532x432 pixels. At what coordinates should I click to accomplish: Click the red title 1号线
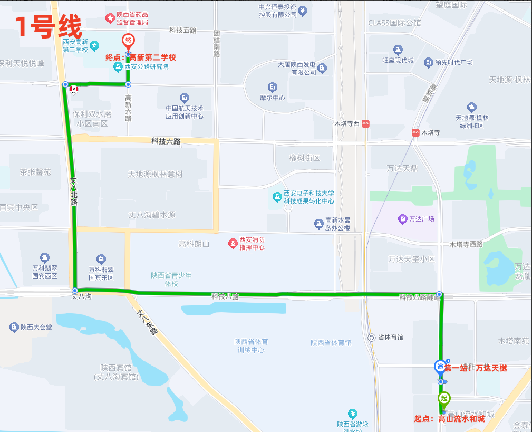click(49, 26)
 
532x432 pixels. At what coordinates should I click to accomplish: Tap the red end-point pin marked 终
click(128, 41)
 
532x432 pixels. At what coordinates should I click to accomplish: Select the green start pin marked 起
click(444, 398)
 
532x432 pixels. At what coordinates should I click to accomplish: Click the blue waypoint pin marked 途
click(439, 366)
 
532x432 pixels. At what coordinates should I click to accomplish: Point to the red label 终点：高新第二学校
click(140, 57)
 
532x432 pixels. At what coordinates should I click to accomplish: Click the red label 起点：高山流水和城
click(449, 419)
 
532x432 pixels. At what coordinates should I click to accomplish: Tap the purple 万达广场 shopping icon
click(402, 218)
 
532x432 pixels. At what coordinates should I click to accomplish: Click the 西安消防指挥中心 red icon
click(233, 243)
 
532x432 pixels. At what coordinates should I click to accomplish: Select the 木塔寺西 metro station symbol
click(366, 123)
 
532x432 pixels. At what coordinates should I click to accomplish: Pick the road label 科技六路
click(166, 141)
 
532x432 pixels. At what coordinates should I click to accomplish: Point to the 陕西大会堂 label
click(36, 328)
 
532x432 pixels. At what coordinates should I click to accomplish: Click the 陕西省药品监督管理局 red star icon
click(110, 19)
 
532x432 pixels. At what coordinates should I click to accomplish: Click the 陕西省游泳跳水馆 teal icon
click(353, 414)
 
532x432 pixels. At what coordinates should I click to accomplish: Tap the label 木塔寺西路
click(466, 244)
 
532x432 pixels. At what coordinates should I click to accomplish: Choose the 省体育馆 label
click(390, 337)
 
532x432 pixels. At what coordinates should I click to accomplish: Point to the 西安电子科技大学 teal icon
click(276, 197)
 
